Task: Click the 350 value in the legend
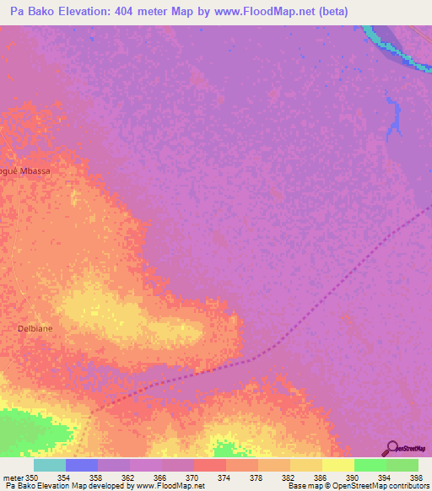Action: click(32, 478)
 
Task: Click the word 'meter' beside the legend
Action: click(11, 478)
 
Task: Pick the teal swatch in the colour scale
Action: click(49, 465)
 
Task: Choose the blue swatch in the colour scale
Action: click(81, 465)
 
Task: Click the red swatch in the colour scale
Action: click(209, 465)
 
